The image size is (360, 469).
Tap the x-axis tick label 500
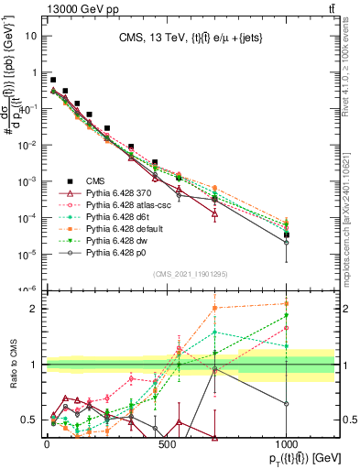(x=167, y=445)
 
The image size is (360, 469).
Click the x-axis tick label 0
(x=47, y=445)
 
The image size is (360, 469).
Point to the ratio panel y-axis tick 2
(x=34, y=309)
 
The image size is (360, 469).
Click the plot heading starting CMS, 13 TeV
(x=191, y=38)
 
